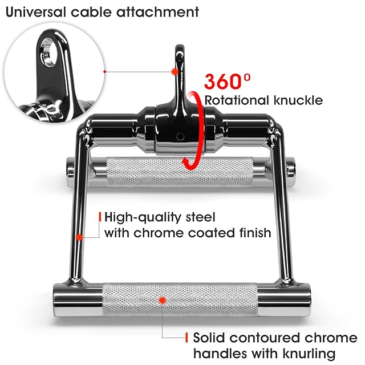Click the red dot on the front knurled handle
click(162, 299)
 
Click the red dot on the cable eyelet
click(174, 71)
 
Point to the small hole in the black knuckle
click(179, 137)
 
